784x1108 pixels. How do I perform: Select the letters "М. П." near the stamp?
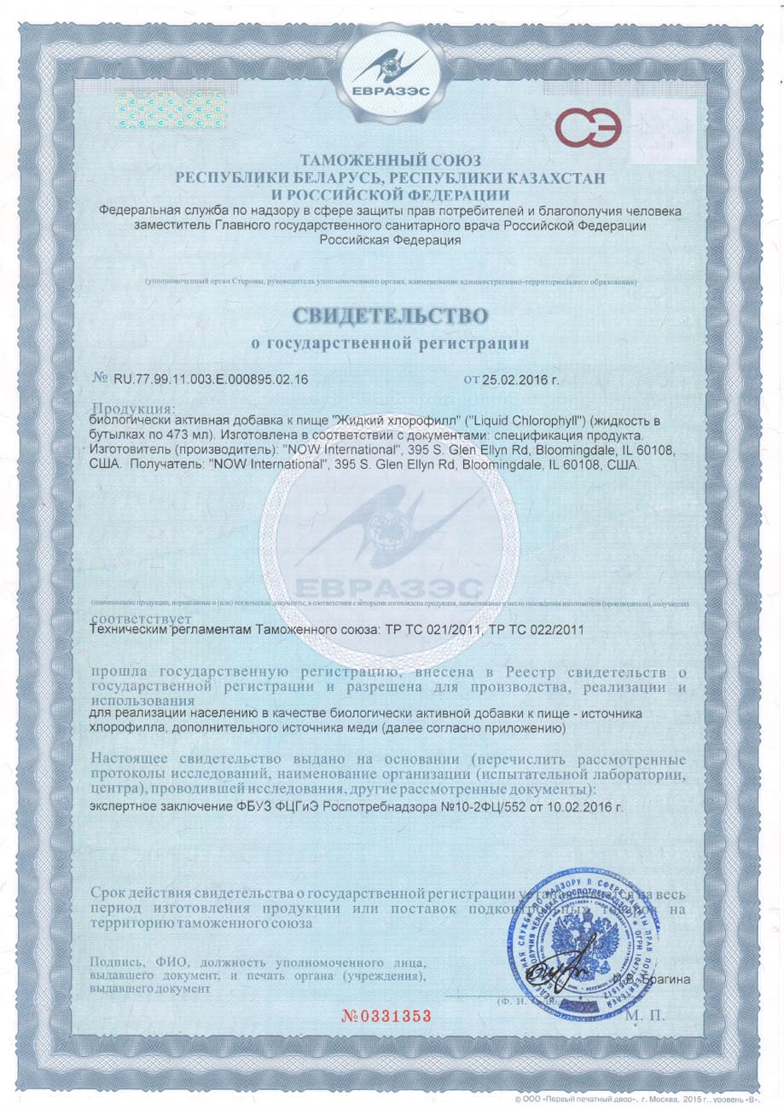[647, 1016]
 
